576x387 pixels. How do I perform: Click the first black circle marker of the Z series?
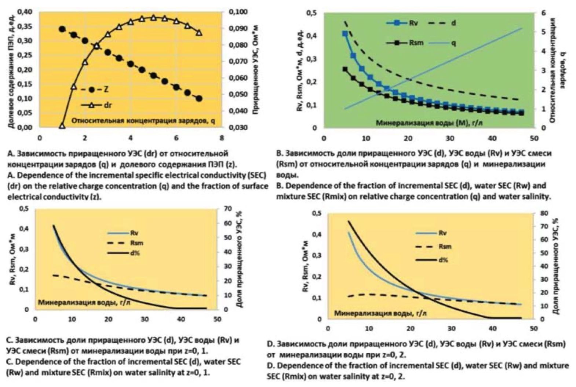[62, 29]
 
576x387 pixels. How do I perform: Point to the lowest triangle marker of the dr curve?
[62, 126]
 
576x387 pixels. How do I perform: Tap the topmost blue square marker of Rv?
[345, 33]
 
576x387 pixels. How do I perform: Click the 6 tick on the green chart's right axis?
[543, 13]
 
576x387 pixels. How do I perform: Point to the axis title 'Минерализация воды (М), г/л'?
[429, 123]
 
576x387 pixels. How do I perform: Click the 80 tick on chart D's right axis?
[544, 213]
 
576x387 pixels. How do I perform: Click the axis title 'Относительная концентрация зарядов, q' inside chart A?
[143, 121]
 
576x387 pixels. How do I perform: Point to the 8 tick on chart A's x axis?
[221, 138]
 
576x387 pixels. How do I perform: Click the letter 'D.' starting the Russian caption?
[271, 344]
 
